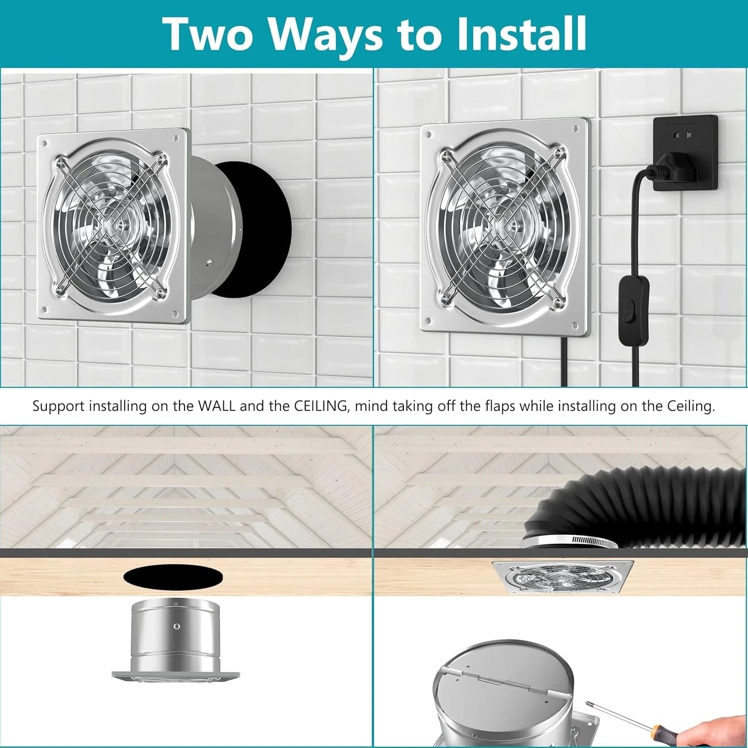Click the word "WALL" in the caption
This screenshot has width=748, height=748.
coord(217,406)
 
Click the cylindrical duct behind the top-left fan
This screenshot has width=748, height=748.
coord(209,227)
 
